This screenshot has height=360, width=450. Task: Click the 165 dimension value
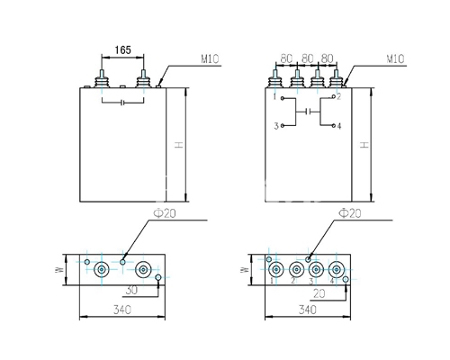click(x=123, y=50)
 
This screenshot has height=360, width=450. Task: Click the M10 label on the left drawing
click(x=210, y=59)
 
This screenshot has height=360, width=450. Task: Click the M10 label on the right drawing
click(x=395, y=59)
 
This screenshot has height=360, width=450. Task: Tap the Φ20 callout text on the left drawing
click(x=165, y=213)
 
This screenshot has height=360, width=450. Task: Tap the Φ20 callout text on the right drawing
click(x=350, y=213)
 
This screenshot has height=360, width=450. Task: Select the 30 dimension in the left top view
click(x=131, y=291)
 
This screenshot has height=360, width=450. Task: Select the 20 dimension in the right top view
click(x=319, y=293)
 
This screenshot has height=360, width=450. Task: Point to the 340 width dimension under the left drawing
click(x=122, y=310)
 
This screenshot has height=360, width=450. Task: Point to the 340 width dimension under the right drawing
click(x=308, y=310)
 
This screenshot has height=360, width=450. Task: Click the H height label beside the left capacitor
click(x=179, y=145)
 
